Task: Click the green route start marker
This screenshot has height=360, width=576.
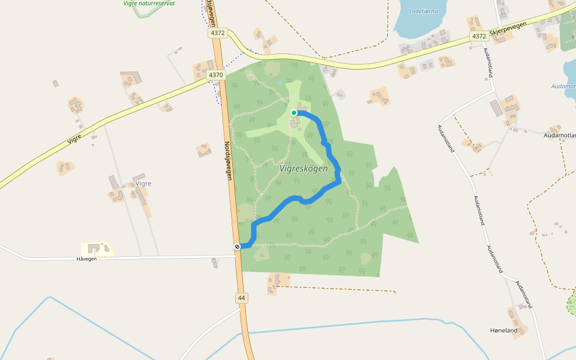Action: pos(294,113)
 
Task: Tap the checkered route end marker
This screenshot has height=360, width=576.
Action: pos(238,247)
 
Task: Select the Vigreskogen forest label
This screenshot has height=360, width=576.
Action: pos(304,169)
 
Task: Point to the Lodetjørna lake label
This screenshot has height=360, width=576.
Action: pos(423,11)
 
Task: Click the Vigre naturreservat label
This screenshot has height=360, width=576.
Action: pos(149,3)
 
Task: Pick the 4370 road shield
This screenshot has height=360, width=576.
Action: pos(216,75)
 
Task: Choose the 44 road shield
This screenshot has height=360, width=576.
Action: pos(241,298)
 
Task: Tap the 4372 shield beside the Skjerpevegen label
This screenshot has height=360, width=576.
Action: pos(479,36)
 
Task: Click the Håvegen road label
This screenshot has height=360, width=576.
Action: pos(86,259)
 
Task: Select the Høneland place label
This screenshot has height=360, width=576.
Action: pos(503,331)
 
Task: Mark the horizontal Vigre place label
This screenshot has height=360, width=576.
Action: pos(143,183)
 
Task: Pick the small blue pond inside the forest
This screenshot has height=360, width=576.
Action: pos(280,82)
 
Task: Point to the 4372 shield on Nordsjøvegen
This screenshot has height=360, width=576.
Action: pos(217,34)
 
